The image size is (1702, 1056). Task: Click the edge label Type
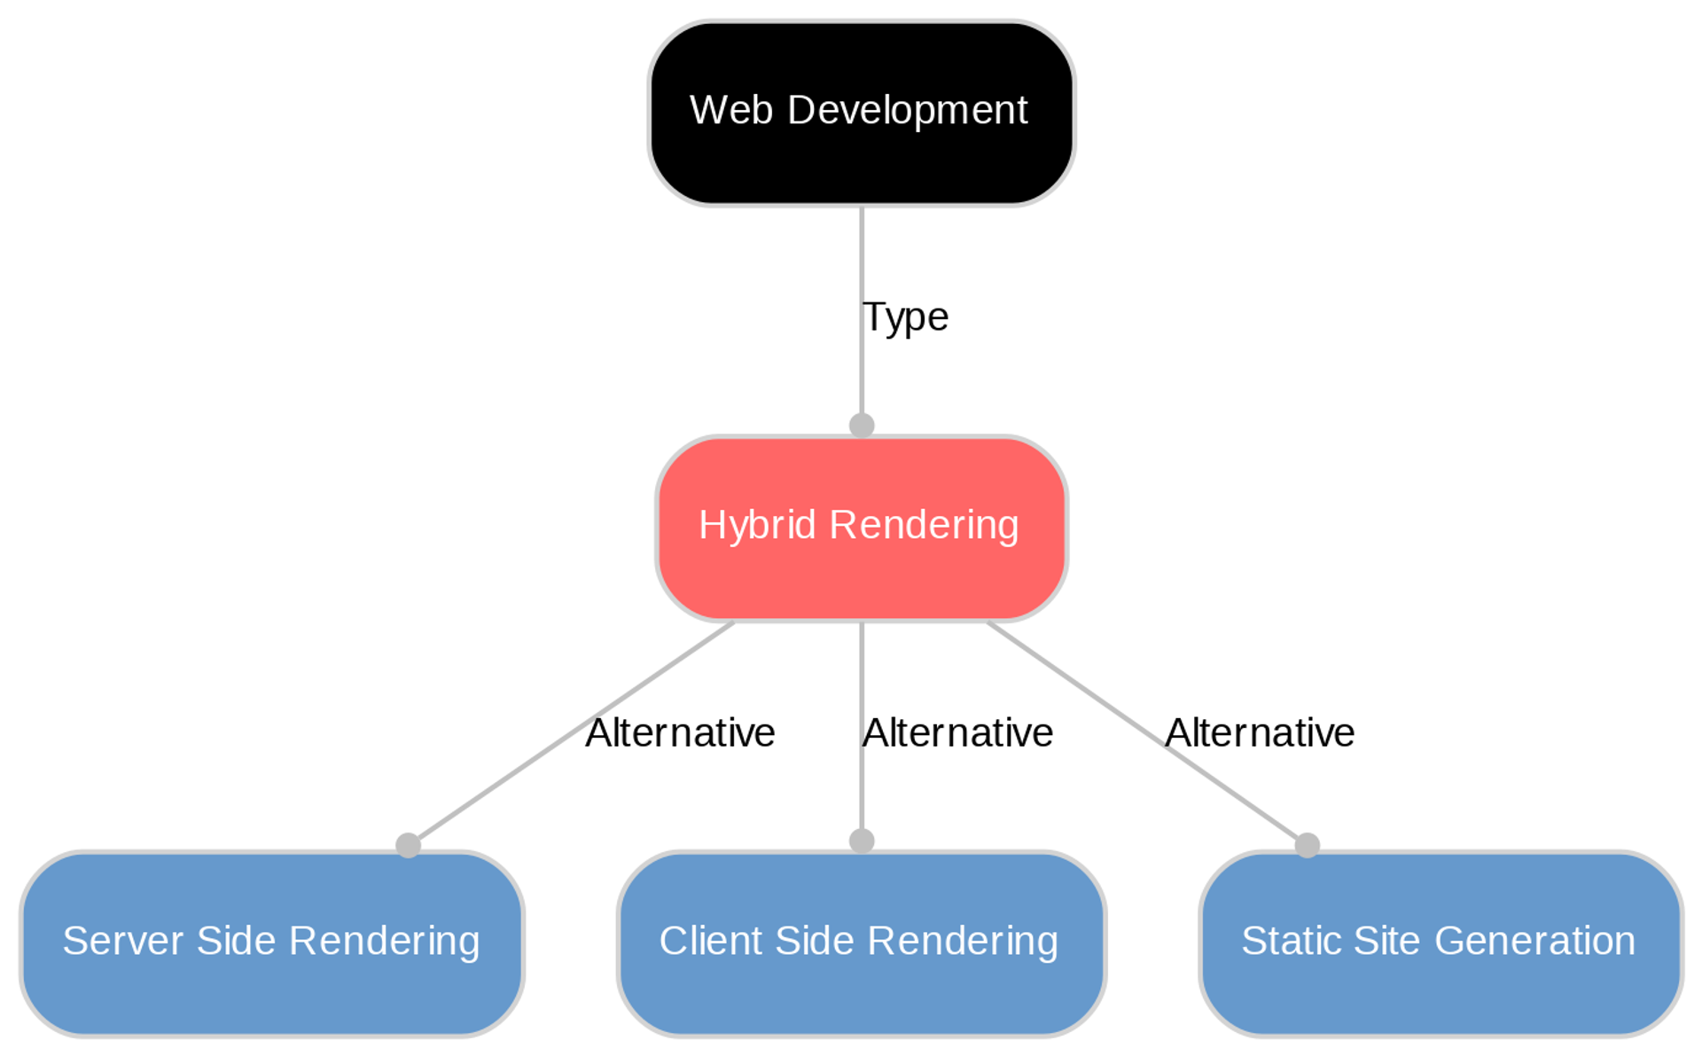[x=905, y=317]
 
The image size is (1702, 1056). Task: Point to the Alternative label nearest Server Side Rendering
[x=680, y=732]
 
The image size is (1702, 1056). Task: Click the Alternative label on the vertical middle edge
[x=957, y=732]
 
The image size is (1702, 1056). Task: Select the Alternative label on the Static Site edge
[x=1259, y=732]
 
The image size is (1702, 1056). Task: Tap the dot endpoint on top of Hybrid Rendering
[x=862, y=426]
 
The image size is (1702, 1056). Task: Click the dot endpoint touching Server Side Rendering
[x=408, y=845]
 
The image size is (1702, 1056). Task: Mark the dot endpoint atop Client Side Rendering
[x=862, y=841]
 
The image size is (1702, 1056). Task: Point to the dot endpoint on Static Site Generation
[x=1307, y=845]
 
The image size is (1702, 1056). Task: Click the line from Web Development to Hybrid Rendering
[x=862, y=266]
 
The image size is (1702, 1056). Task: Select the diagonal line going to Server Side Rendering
[x=496, y=785]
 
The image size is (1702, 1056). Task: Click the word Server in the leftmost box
[x=124, y=941]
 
